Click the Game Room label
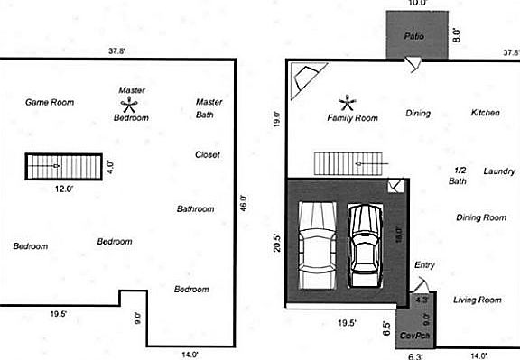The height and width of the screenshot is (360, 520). click(x=49, y=102)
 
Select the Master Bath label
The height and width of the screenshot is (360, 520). click(x=209, y=108)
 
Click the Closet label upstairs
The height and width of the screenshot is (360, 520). click(x=208, y=154)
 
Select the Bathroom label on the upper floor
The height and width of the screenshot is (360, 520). click(x=196, y=208)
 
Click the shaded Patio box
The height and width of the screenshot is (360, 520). click(x=415, y=37)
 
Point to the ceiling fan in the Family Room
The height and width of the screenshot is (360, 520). click(x=347, y=103)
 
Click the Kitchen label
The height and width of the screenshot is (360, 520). click(x=485, y=113)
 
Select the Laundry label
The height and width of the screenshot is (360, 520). click(x=498, y=171)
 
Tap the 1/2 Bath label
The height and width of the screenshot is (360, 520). click(x=459, y=175)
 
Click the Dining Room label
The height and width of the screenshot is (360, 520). click(x=480, y=217)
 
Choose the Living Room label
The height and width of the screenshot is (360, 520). click(x=477, y=300)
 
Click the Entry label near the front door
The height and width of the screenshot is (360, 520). click(x=424, y=265)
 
